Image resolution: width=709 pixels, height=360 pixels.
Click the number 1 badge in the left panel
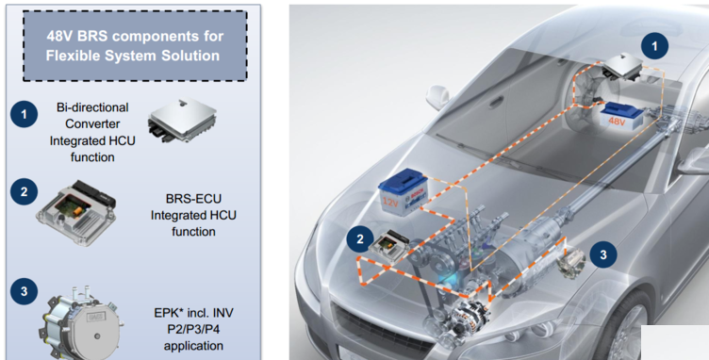[x=24, y=114]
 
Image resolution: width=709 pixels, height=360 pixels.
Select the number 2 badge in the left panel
[x=24, y=191]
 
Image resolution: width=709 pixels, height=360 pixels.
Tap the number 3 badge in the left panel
[x=24, y=291]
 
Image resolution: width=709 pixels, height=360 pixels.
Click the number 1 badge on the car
[x=654, y=45]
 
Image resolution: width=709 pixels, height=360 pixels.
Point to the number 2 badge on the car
[x=360, y=239]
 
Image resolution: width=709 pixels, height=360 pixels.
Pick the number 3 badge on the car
[x=603, y=254]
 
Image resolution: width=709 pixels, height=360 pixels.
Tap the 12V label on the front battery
[x=390, y=203]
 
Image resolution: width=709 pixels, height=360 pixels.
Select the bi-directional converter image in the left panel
[x=182, y=120]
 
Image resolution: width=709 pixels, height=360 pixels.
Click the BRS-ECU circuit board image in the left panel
[x=76, y=213]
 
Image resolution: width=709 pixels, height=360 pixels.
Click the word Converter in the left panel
[x=92, y=123]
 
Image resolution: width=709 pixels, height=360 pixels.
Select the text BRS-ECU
[x=193, y=199]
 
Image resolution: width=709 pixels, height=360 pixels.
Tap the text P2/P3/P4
[x=193, y=329]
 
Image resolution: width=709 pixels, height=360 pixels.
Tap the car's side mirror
[x=437, y=97]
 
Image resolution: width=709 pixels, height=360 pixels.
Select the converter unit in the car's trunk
[x=622, y=66]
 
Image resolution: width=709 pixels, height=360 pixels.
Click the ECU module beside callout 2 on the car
[x=388, y=244]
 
